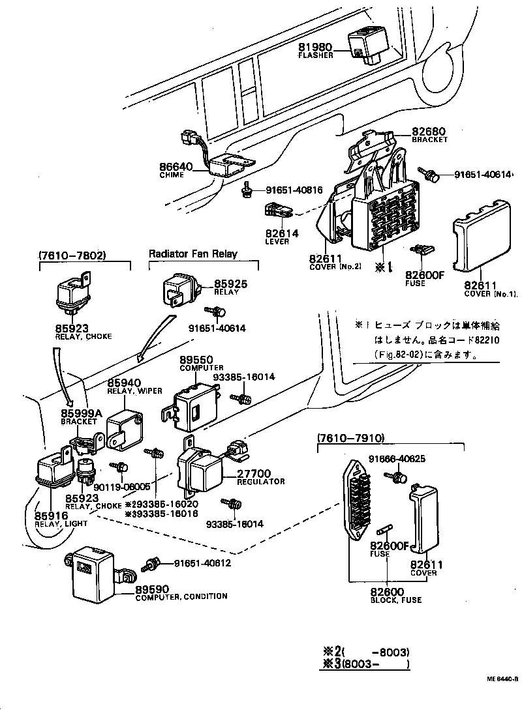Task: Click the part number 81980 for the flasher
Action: point(316,48)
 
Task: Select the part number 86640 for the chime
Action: point(176,166)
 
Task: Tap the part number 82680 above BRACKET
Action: point(429,131)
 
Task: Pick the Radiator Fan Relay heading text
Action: point(193,254)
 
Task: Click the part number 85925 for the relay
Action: point(232,284)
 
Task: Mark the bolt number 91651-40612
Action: point(202,563)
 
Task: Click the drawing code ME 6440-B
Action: point(502,679)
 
